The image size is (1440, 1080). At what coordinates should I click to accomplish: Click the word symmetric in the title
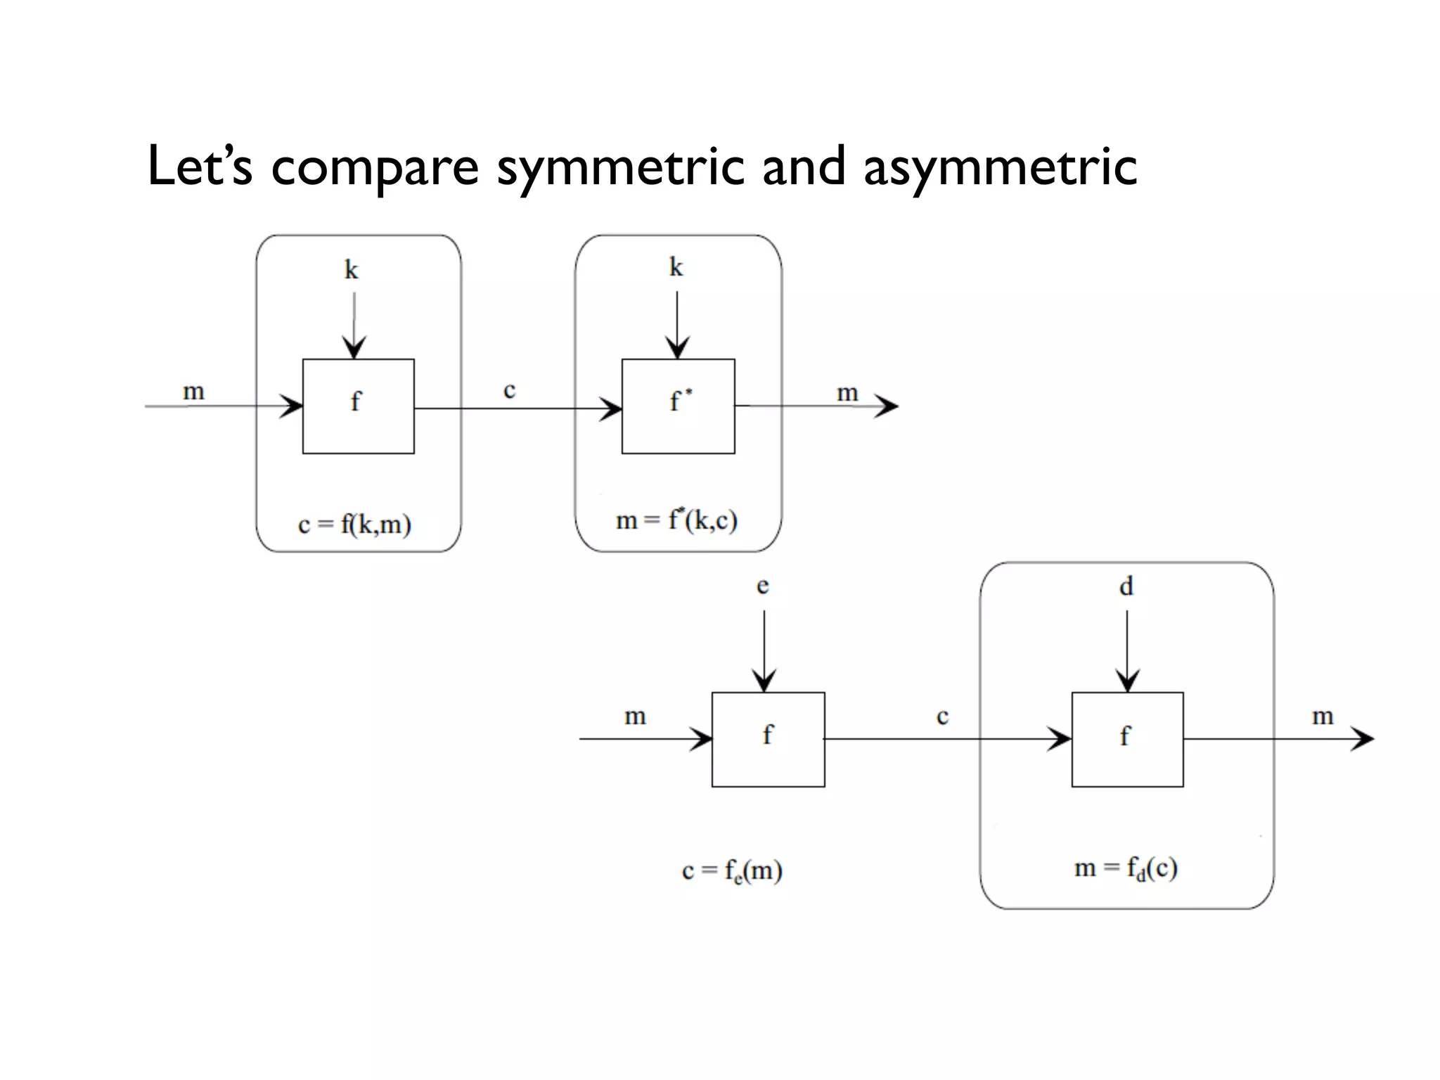tap(620, 167)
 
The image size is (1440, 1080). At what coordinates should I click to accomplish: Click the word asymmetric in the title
tap(999, 167)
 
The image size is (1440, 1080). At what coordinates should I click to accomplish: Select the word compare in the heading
tap(374, 167)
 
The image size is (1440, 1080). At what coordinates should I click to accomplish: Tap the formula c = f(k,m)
tap(354, 525)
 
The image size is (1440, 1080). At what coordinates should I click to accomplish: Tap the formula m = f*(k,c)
tap(676, 520)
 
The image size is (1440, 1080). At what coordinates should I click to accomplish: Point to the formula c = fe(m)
tap(732, 870)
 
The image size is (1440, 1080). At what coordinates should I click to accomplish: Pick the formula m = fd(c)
tap(1126, 868)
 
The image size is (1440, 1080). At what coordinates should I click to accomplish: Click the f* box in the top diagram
tap(678, 406)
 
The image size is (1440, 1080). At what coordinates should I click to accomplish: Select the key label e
tap(762, 585)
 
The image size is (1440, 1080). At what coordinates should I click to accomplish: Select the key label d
tap(1126, 585)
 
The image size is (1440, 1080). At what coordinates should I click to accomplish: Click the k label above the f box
tap(351, 269)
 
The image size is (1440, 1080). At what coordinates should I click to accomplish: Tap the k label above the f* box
tap(676, 267)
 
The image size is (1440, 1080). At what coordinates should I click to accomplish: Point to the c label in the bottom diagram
tap(942, 716)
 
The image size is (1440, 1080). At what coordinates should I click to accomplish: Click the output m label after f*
tap(847, 392)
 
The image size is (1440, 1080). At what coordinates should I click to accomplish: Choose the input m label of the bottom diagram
tap(635, 716)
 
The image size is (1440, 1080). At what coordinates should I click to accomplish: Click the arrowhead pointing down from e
tap(764, 681)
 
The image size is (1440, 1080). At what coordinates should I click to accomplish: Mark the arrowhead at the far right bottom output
tap(1363, 738)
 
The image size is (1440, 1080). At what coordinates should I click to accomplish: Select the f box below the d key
tap(1127, 739)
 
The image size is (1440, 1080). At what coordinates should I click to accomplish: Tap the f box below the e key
tap(768, 739)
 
